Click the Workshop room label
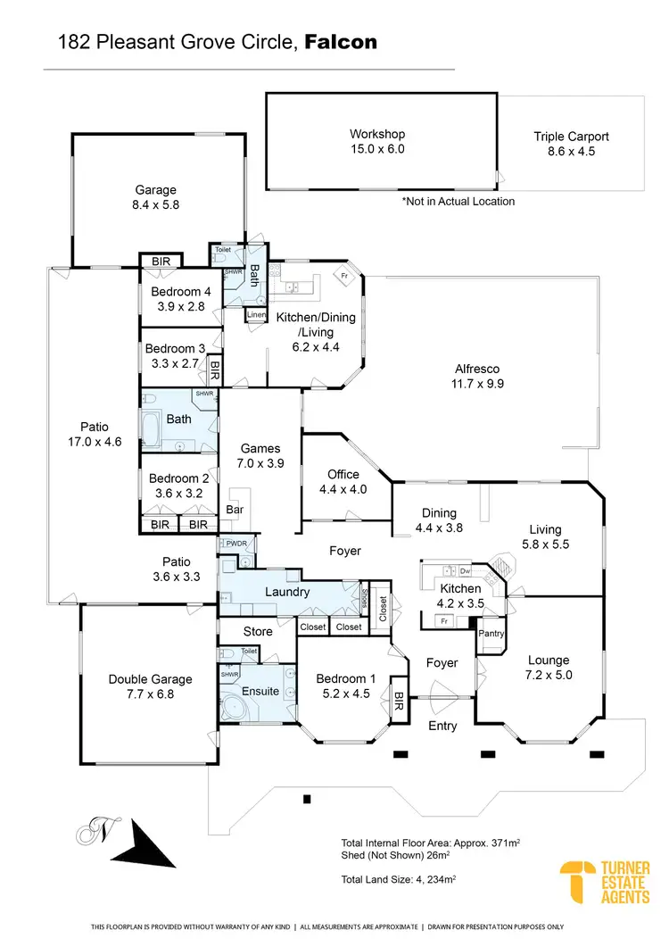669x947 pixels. point(376,135)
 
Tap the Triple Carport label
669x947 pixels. point(571,137)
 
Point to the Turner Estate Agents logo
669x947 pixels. point(605,882)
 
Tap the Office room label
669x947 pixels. point(343,475)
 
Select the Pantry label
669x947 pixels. point(491,634)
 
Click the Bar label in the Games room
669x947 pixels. point(235,511)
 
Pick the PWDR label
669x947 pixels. point(235,543)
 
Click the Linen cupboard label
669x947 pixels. point(255,315)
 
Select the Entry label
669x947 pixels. point(442,725)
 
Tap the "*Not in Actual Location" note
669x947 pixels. point(458,202)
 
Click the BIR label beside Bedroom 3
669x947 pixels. point(214,367)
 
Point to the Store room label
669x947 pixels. point(258,631)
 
